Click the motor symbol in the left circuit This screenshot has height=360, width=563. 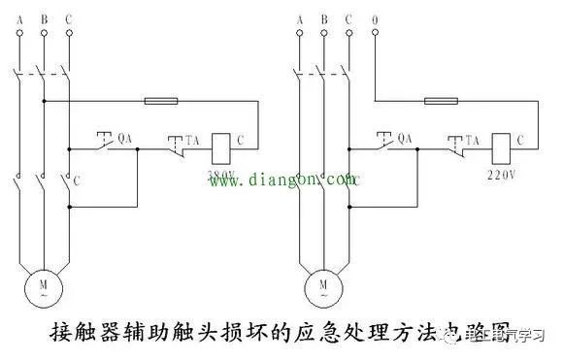coord(43,283)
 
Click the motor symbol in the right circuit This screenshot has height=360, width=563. coord(322,283)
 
